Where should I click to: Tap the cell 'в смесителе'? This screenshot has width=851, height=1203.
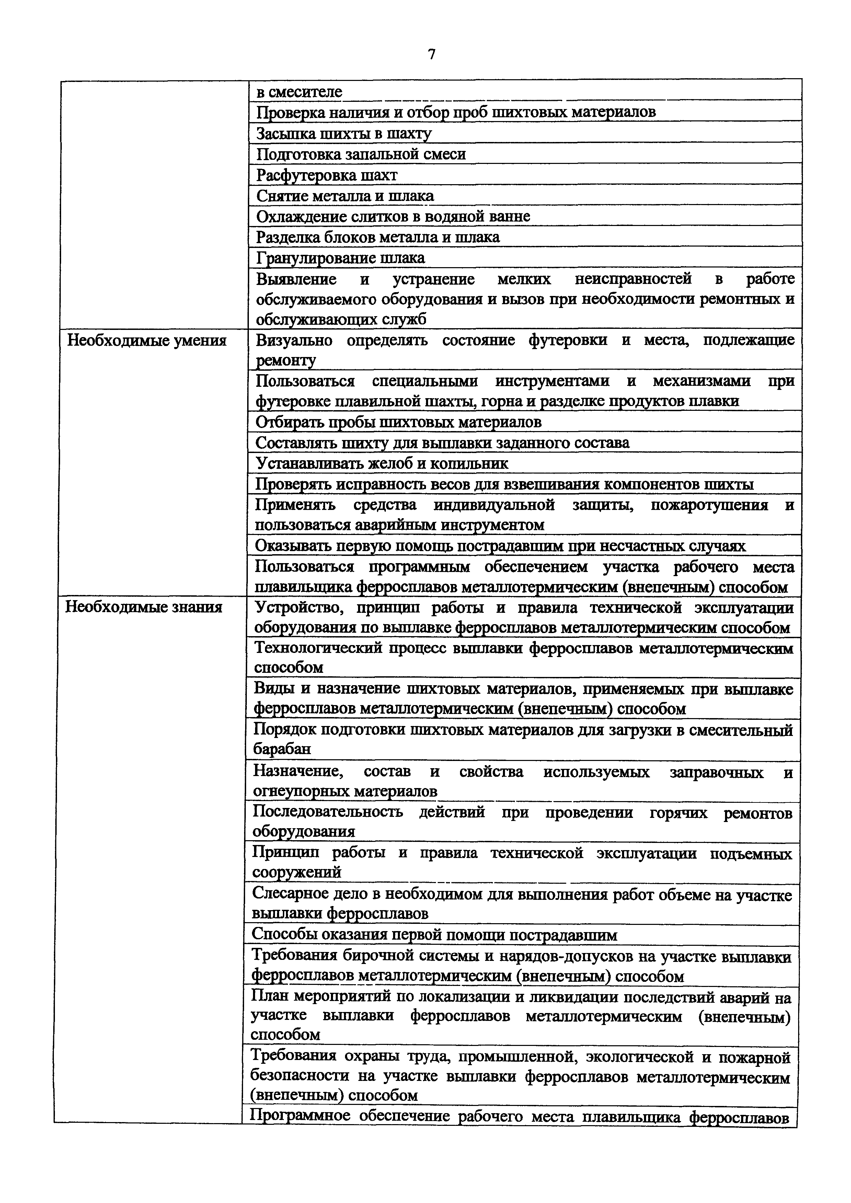[299, 92]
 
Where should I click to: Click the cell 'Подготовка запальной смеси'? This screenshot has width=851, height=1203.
[361, 154]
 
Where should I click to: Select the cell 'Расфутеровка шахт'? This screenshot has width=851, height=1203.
[327, 175]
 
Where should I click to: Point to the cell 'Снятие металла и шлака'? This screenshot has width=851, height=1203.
[345, 196]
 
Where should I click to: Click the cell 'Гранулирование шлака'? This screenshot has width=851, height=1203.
[340, 258]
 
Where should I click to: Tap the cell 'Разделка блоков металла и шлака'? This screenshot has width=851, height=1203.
[378, 237]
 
